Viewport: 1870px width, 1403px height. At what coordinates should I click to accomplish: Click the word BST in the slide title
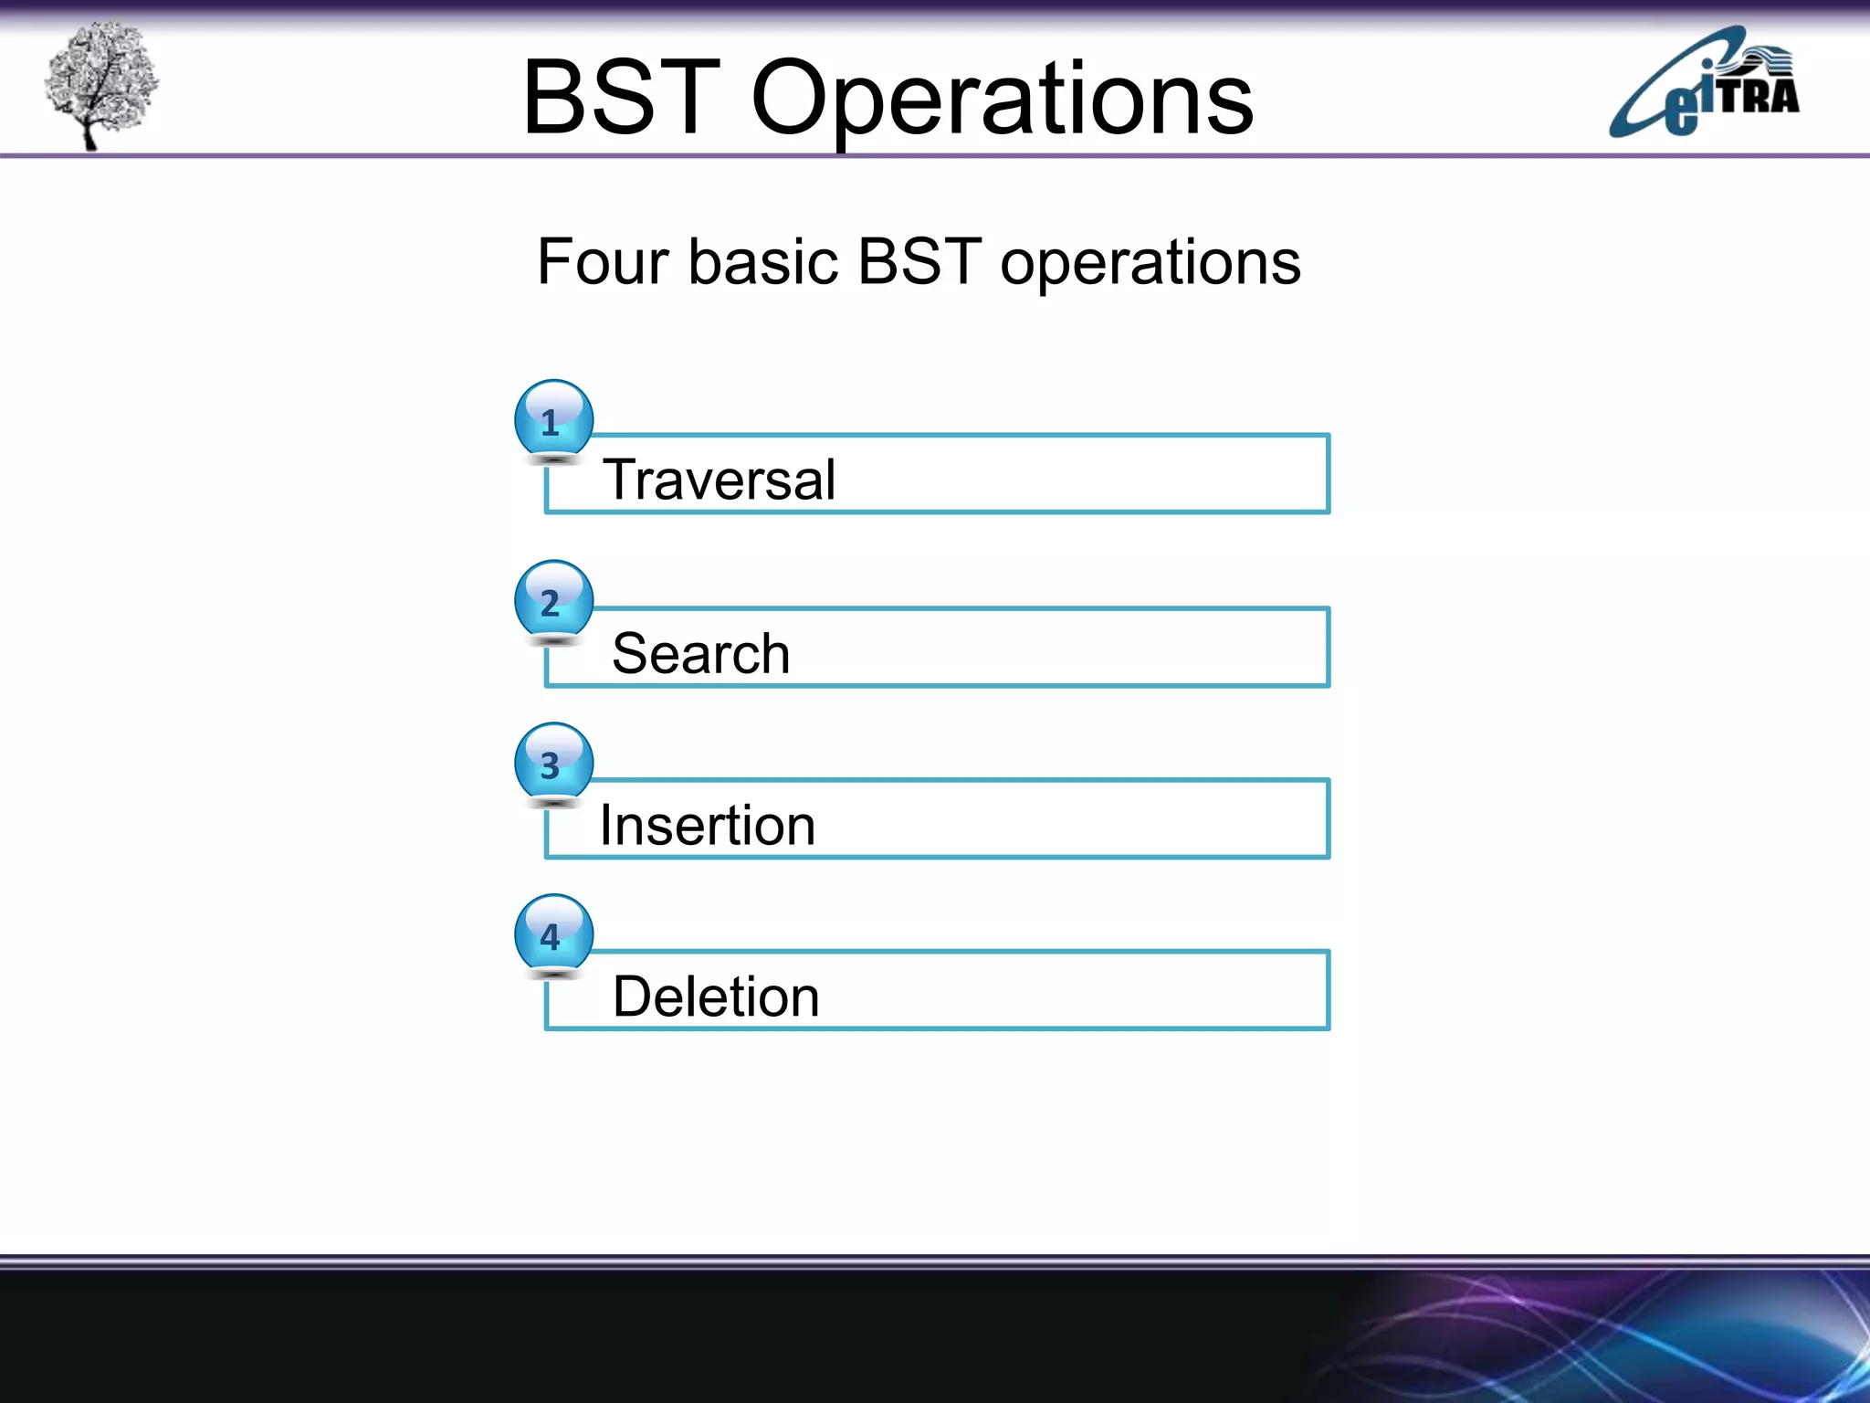click(x=621, y=98)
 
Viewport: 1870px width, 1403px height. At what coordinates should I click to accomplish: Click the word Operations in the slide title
click(x=1002, y=100)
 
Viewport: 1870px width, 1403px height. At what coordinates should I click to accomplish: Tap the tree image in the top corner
click(x=100, y=82)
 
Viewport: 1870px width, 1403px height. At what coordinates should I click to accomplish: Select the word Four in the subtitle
click(x=603, y=262)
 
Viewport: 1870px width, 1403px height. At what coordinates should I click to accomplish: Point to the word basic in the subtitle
click(x=762, y=262)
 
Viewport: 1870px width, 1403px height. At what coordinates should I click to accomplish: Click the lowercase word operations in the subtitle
click(x=1150, y=264)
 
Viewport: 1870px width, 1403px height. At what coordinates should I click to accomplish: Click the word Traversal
click(x=719, y=480)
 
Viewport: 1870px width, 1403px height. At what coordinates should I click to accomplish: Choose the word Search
click(x=700, y=653)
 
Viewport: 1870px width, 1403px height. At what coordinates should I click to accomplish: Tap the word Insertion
click(x=707, y=826)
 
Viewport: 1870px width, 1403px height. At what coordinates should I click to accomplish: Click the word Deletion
click(x=716, y=997)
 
